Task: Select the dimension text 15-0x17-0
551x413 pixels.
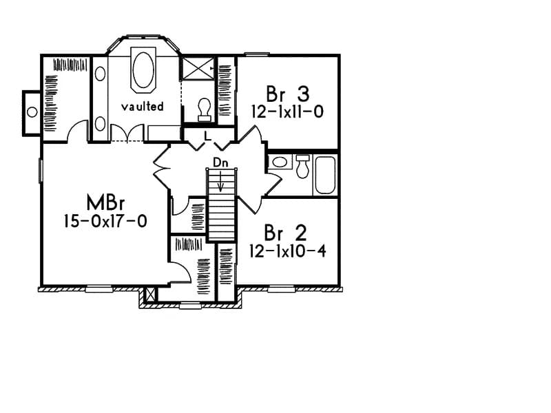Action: coord(104,222)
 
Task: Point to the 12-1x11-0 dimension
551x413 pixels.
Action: coord(287,111)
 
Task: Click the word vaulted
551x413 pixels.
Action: coord(143,107)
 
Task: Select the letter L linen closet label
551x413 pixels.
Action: coord(207,137)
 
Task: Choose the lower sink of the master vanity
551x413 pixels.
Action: coord(100,123)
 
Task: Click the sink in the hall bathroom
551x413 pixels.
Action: coord(279,163)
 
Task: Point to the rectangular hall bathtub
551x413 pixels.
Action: coord(325,175)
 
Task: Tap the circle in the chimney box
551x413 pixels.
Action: coord(31,112)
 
